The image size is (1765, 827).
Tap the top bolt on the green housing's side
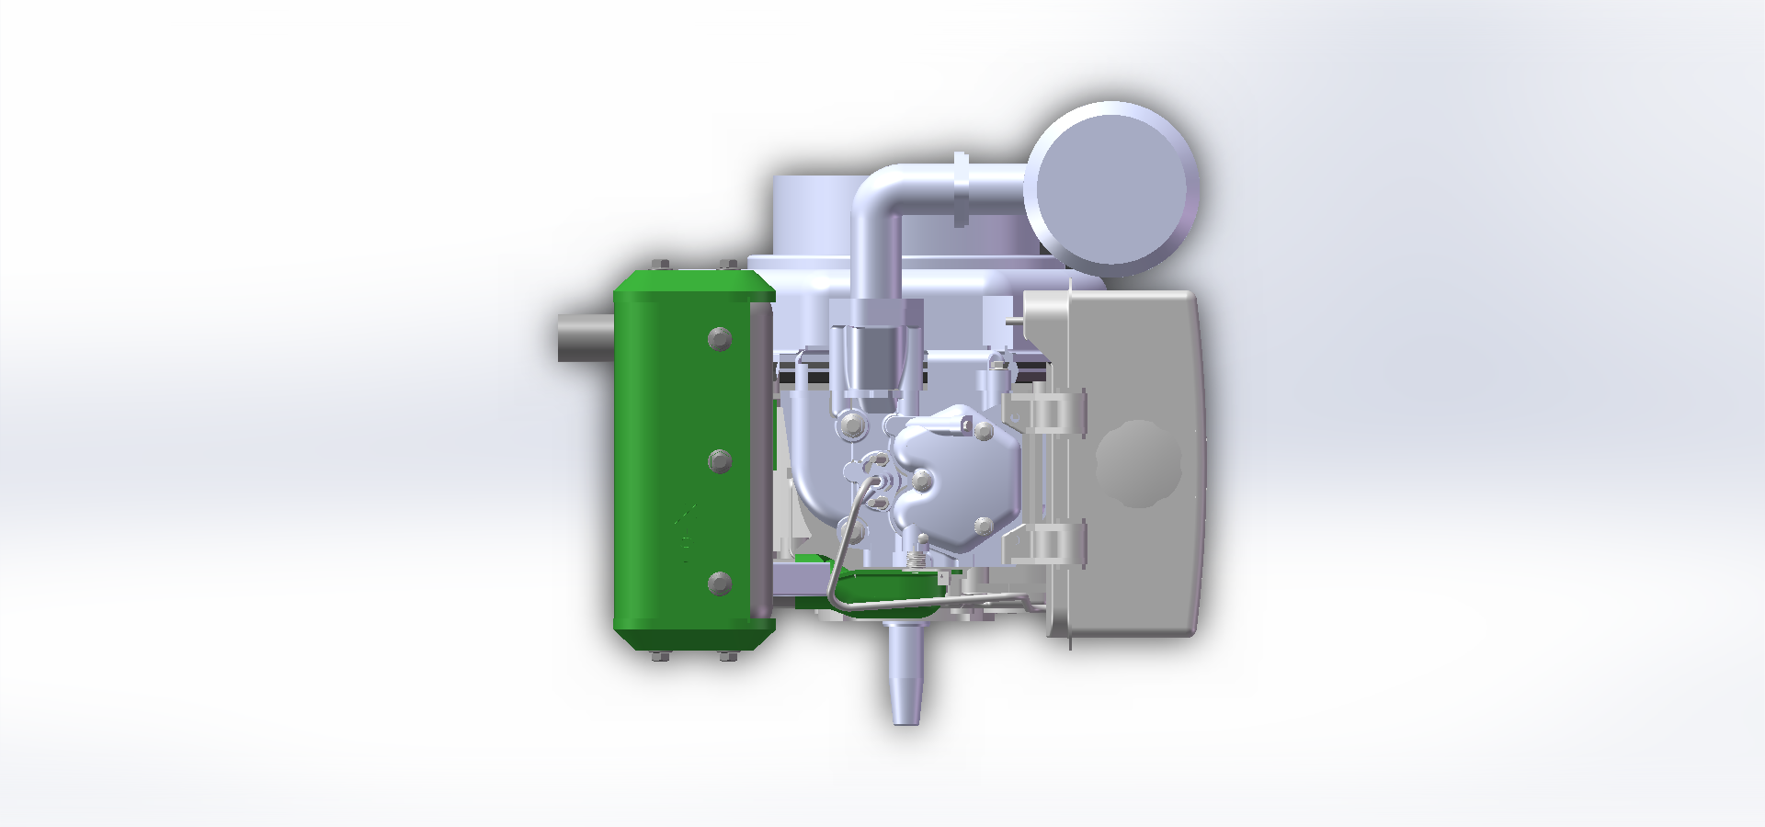[x=720, y=339]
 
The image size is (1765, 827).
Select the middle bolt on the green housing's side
[x=720, y=461]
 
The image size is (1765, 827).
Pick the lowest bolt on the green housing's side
[x=720, y=583]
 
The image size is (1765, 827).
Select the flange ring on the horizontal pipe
[x=962, y=189]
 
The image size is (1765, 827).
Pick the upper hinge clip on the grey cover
[x=1048, y=410]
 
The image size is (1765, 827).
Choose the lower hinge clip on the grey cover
[x=1048, y=543]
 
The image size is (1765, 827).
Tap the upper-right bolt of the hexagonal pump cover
[x=984, y=431]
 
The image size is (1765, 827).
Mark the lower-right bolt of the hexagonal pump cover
[x=984, y=526]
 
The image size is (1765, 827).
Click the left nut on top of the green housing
[x=659, y=265]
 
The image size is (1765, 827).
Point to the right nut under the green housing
[x=727, y=656]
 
